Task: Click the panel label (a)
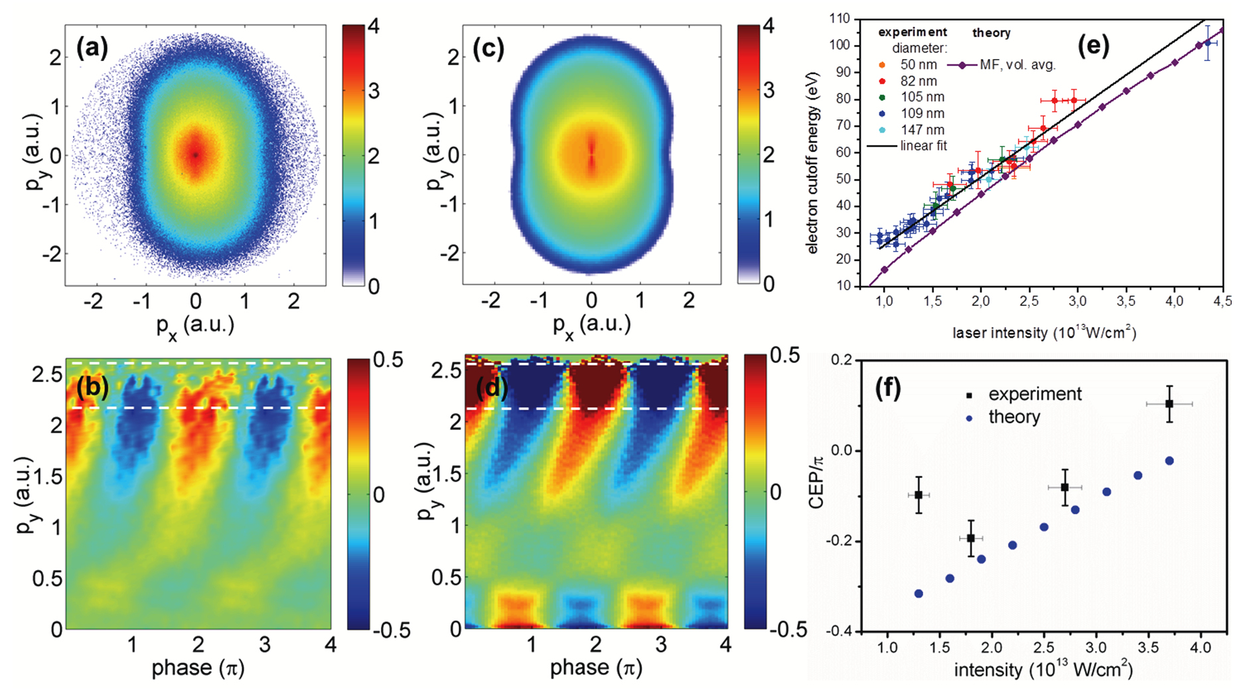tap(92, 48)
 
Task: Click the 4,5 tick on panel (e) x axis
tap(1222, 302)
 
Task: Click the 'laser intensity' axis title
tap(1045, 333)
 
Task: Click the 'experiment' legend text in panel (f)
tap(1034, 394)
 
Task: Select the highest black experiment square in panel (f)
tap(1169, 404)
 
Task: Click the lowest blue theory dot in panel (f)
tap(918, 593)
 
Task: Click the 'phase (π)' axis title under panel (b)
tap(198, 667)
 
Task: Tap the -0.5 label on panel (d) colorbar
tap(788, 630)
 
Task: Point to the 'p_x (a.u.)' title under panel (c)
tap(591, 325)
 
